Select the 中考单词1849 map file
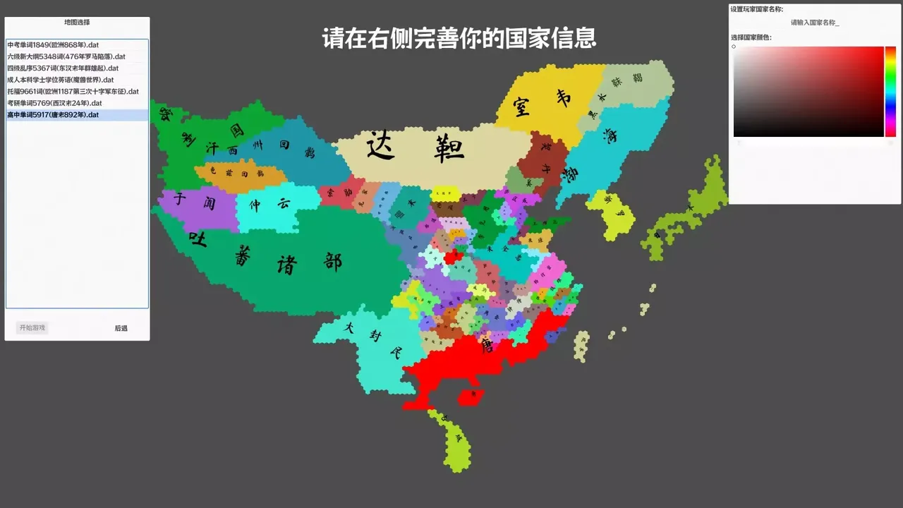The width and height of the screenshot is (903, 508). pyautogui.click(x=53, y=45)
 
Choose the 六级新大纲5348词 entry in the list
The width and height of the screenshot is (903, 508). pyautogui.click(x=66, y=56)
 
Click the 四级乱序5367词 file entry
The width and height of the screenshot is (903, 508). pyautogui.click(x=63, y=68)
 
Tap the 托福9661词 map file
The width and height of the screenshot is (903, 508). pyautogui.click(x=73, y=92)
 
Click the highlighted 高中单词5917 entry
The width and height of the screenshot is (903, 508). pyautogui.click(x=53, y=115)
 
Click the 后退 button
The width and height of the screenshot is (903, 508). pyautogui.click(x=121, y=328)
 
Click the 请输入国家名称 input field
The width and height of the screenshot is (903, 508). pyautogui.click(x=815, y=23)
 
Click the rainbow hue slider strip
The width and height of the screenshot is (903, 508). pyautogui.click(x=890, y=92)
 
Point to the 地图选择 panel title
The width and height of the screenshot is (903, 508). pyautogui.click(x=77, y=23)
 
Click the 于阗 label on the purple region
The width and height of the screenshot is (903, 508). pyautogui.click(x=195, y=201)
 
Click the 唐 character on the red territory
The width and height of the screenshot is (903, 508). pyautogui.click(x=487, y=346)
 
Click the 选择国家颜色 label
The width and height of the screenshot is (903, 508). pyautogui.click(x=751, y=37)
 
